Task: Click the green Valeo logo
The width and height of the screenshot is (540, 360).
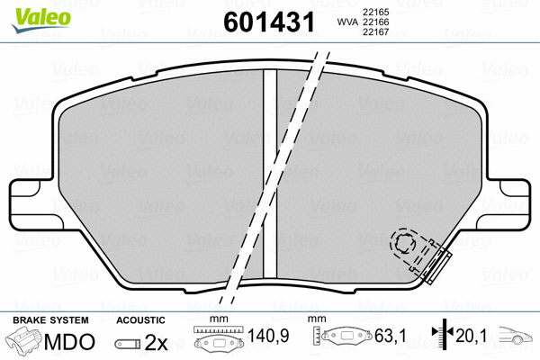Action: (x=41, y=20)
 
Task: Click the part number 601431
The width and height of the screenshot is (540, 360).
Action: (x=269, y=22)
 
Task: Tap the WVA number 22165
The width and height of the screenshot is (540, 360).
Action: (x=375, y=12)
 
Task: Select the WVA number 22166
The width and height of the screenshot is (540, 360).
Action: (x=375, y=22)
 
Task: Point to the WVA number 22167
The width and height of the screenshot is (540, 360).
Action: (x=375, y=32)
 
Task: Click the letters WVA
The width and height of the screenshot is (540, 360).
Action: (x=347, y=22)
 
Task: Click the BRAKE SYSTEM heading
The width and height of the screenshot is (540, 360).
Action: (x=50, y=320)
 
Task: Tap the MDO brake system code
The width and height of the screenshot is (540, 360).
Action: (x=69, y=341)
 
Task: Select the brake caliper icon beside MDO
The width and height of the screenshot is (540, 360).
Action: (x=23, y=341)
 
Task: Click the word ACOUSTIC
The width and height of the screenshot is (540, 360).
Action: (x=140, y=320)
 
